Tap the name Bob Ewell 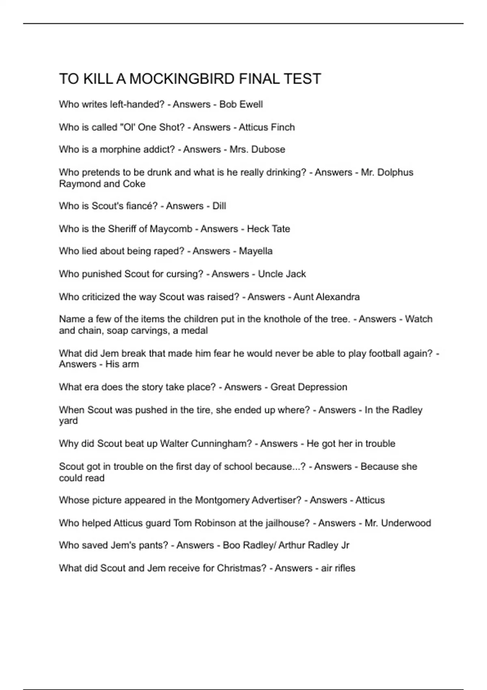click(241, 104)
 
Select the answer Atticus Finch click(267, 127)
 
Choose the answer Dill click(219, 206)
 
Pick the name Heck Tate click(268, 229)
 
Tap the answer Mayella click(256, 251)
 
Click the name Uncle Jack click(282, 274)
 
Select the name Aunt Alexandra click(326, 297)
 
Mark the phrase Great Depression click(309, 387)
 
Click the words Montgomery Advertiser click(248, 500)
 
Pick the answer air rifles click(338, 568)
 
